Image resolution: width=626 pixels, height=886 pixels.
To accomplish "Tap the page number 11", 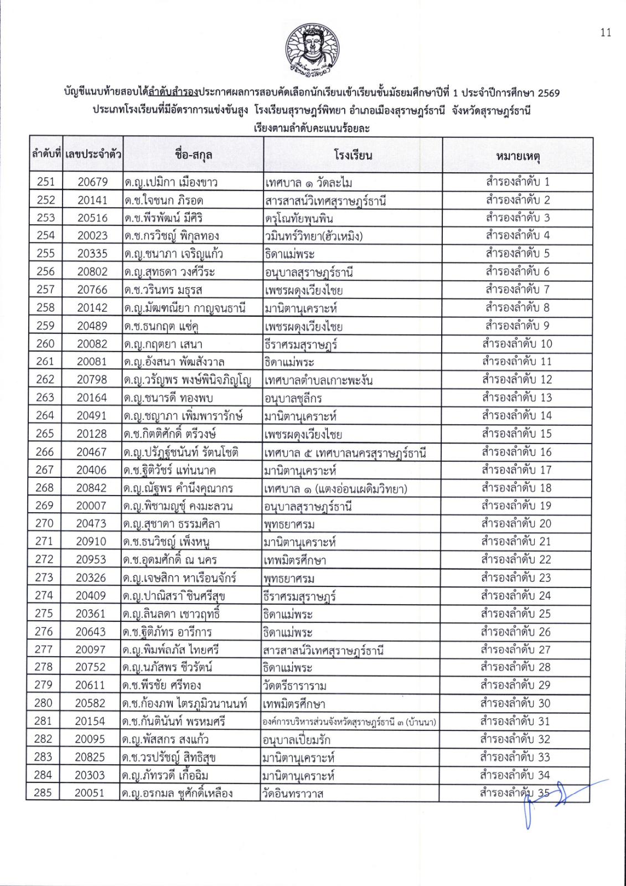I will coord(606,33).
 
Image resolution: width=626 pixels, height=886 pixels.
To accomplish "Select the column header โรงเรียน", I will coord(353,156).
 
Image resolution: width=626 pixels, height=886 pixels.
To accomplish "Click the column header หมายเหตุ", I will coord(518,156).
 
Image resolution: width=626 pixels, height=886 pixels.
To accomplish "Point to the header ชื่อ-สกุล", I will coord(193,155).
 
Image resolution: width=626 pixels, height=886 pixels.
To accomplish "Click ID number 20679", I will coord(92,182).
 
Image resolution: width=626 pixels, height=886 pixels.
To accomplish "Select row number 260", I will coord(45,344).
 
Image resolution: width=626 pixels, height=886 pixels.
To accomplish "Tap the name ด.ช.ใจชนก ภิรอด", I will coord(164,200).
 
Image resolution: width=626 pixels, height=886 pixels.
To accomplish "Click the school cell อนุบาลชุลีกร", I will coord(293,398).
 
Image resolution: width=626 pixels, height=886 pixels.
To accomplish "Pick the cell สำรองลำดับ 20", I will coord(516,523).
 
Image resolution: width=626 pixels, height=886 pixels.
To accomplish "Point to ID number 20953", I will coord(91,559).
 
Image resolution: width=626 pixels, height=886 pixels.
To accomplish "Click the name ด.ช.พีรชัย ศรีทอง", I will coord(162,686).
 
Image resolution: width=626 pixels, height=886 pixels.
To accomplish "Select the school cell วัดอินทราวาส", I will coord(293,794).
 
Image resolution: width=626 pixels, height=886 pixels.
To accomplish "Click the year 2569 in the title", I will coord(549,92).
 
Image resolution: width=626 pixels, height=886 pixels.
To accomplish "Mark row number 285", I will coord(43,793).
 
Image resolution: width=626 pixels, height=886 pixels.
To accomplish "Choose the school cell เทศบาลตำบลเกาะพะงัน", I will coord(319,380).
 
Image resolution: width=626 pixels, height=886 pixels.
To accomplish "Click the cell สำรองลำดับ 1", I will coord(518,182).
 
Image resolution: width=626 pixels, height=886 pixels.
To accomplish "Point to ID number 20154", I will coord(90,721).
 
